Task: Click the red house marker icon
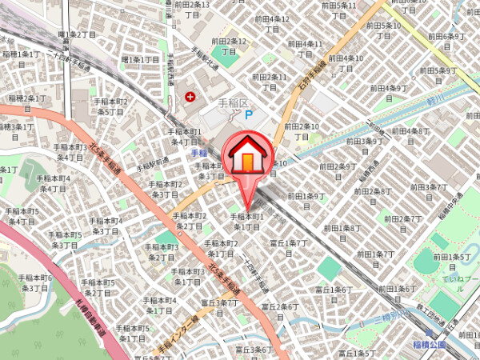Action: (248, 156)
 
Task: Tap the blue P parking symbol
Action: (248, 115)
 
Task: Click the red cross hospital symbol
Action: (190, 97)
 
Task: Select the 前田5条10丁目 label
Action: (382, 30)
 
